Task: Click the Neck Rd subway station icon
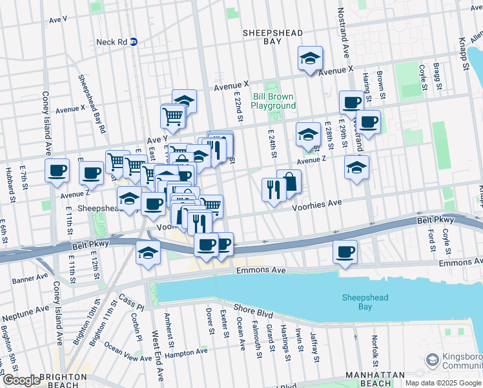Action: pyautogui.click(x=134, y=41)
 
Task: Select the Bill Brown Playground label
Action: pyautogui.click(x=273, y=101)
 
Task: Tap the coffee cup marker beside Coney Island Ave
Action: pyautogui.click(x=57, y=171)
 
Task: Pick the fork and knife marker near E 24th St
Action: pyautogui.click(x=273, y=189)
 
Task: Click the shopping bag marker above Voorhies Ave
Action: pyautogui.click(x=289, y=182)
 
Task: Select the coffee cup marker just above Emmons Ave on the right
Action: pyautogui.click(x=345, y=252)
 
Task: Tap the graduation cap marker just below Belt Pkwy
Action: pyautogui.click(x=148, y=252)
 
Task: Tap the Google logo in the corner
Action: pyautogui.click(x=21, y=380)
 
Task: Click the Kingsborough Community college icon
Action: pyautogui.click(x=431, y=359)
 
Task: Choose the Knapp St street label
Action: pyautogui.click(x=464, y=57)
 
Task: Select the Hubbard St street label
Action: pyautogui.click(x=10, y=184)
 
